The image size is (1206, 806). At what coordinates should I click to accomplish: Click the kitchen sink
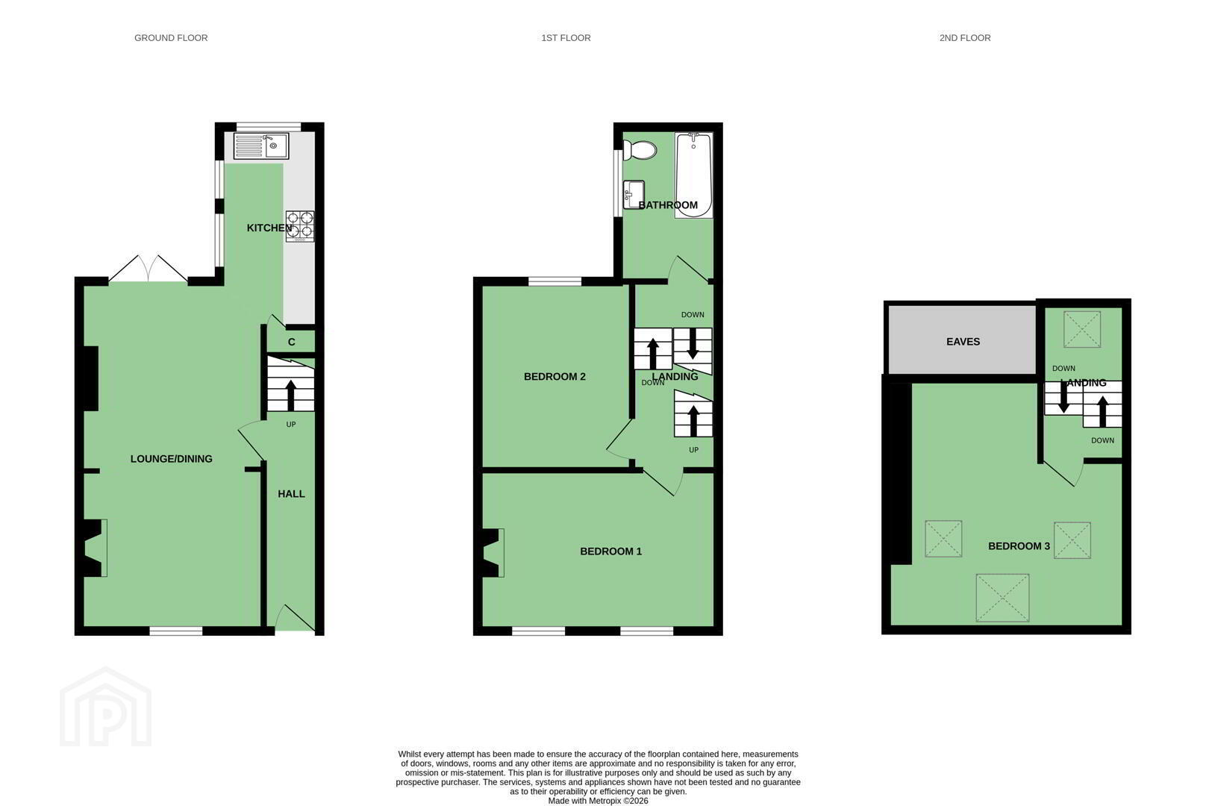click(x=261, y=146)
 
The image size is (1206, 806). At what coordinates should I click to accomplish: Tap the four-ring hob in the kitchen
click(x=300, y=226)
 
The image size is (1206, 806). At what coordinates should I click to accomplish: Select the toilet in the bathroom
click(x=640, y=150)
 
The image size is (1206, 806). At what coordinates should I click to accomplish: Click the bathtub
click(x=694, y=175)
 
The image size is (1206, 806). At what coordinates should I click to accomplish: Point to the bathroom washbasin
click(x=634, y=194)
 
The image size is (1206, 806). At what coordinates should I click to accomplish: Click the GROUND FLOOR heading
click(x=171, y=38)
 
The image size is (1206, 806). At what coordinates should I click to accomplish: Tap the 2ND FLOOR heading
click(x=965, y=38)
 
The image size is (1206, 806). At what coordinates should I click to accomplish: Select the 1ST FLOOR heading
click(x=566, y=38)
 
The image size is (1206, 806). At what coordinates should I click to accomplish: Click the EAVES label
click(x=963, y=341)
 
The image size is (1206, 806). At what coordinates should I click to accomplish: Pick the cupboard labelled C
click(x=291, y=341)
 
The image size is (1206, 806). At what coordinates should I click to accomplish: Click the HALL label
click(x=291, y=494)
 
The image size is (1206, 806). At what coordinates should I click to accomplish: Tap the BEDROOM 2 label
click(x=554, y=376)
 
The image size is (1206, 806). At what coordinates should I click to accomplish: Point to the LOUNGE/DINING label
click(x=171, y=459)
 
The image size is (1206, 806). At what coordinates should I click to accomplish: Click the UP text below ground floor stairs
click(x=291, y=424)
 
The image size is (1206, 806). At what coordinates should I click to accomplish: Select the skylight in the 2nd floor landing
click(x=1082, y=329)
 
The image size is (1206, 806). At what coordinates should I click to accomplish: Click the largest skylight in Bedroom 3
click(x=1002, y=598)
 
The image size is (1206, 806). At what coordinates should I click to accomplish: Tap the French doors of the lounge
click(x=148, y=268)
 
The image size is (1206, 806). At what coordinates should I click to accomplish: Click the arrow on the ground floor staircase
click(x=291, y=396)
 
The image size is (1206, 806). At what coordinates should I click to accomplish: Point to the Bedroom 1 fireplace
click(x=493, y=553)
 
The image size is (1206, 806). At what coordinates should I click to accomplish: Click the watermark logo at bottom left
click(x=105, y=707)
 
